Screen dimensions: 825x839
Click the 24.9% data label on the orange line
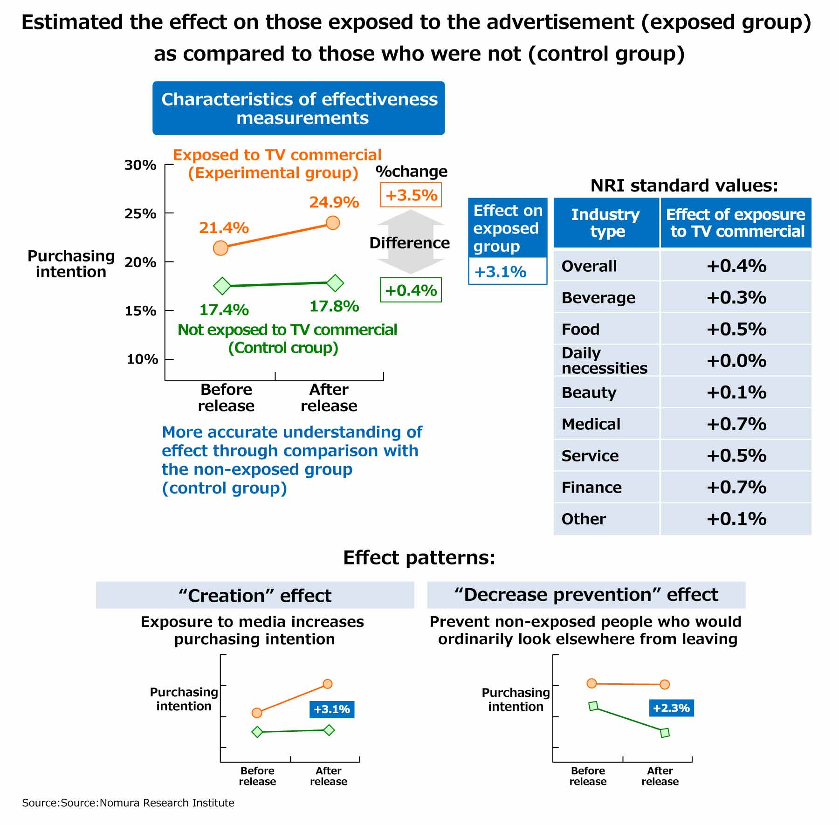334,202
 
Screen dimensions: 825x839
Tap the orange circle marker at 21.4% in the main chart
220,248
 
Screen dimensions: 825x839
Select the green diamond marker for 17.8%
335,282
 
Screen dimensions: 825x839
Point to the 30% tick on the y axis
140,165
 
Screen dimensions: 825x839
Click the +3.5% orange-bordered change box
411,195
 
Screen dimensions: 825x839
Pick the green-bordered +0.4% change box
411,290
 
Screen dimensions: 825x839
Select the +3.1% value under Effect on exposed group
500,271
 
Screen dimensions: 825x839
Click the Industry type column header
605,223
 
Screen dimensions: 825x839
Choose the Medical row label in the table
591,424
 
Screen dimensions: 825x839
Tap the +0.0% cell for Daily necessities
736,361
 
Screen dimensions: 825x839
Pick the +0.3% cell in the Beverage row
736,297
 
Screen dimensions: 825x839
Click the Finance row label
591,488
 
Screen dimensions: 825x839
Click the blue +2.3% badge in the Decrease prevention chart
671,708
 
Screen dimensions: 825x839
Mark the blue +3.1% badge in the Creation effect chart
331,709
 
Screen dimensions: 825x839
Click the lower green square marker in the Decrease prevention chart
665,733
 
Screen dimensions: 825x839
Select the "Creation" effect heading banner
255,595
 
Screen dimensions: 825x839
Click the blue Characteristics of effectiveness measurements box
298,108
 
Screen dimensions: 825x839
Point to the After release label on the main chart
329,397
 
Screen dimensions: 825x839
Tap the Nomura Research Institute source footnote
128,803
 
